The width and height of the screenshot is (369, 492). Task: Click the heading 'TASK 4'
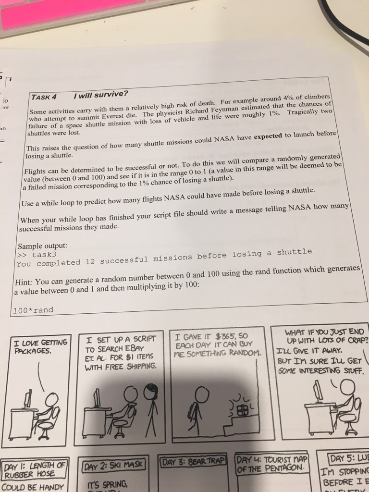pyautogui.click(x=44, y=97)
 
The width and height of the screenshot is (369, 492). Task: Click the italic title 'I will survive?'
pyautogui.click(x=101, y=95)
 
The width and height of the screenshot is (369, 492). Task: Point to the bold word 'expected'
pyautogui.click(x=268, y=136)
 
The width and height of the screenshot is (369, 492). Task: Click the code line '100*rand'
pyautogui.click(x=33, y=310)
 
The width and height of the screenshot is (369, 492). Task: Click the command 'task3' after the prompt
pyautogui.click(x=44, y=255)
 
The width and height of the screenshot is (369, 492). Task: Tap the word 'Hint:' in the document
pyautogui.click(x=25, y=282)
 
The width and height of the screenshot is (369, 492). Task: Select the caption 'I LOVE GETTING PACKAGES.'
pyautogui.click(x=40, y=346)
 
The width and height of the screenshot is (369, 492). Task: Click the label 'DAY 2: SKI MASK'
pyautogui.click(x=113, y=464)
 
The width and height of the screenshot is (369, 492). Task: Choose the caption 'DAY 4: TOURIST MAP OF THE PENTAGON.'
pyautogui.click(x=272, y=464)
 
